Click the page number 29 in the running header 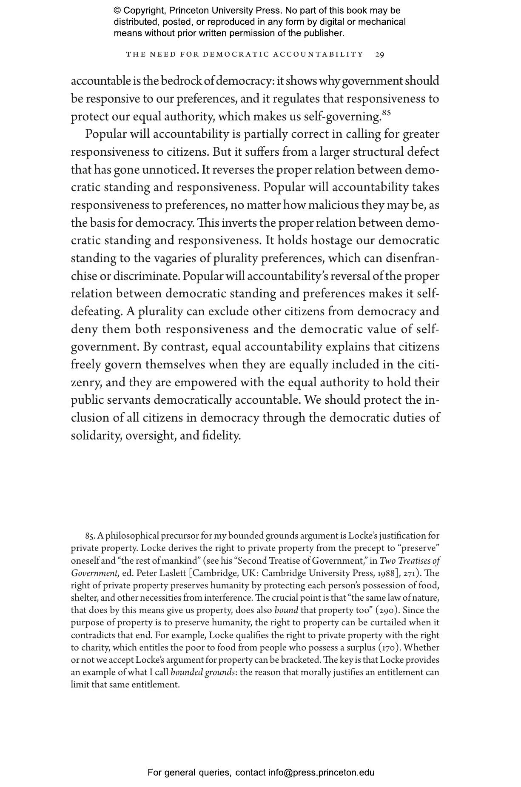point(380,54)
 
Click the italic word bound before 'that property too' point(286,610)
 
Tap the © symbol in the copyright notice point(117,11)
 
